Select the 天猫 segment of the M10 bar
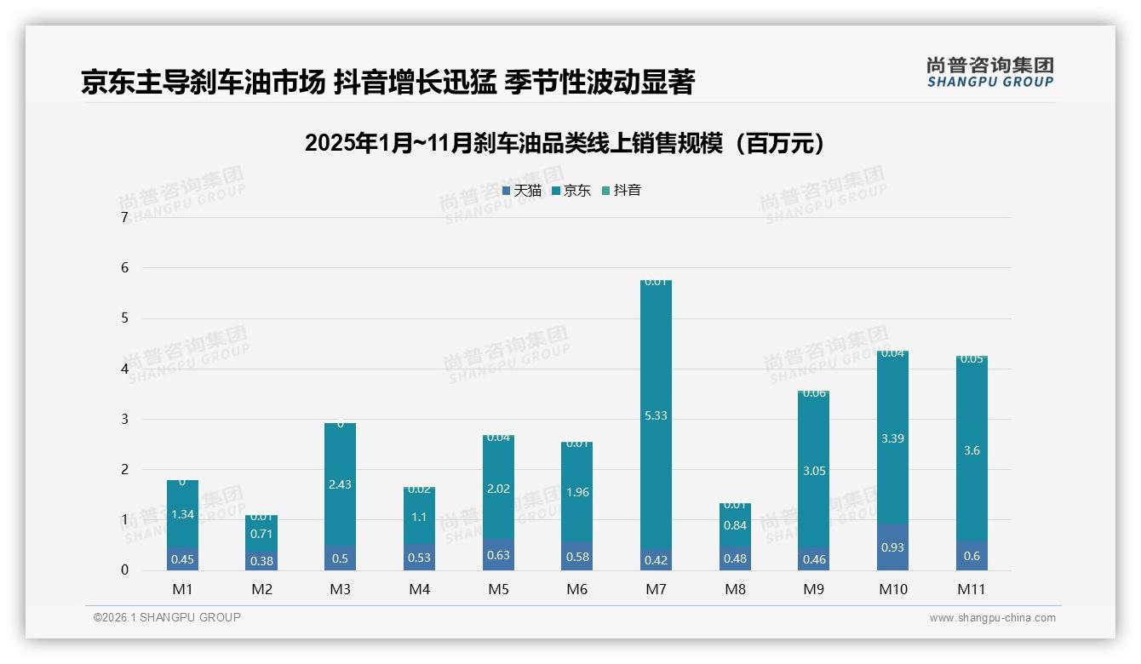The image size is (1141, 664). tap(892, 547)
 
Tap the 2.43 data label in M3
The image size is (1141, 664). tap(340, 484)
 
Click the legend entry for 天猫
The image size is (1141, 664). tap(522, 191)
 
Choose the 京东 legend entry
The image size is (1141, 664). tap(571, 191)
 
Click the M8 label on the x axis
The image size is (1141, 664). tap(735, 589)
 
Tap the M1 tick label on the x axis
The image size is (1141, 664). tap(182, 589)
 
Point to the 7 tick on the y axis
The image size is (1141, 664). tap(124, 218)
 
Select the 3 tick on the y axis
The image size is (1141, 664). tap(124, 419)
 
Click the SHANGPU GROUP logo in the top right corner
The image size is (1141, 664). tap(989, 72)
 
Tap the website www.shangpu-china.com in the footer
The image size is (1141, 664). tap(992, 618)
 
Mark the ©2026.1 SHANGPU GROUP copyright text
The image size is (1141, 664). tap(167, 617)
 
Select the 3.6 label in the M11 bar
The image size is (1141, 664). tap(972, 450)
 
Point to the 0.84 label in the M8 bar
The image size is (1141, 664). tap(735, 525)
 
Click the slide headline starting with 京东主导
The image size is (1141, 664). tap(388, 82)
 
